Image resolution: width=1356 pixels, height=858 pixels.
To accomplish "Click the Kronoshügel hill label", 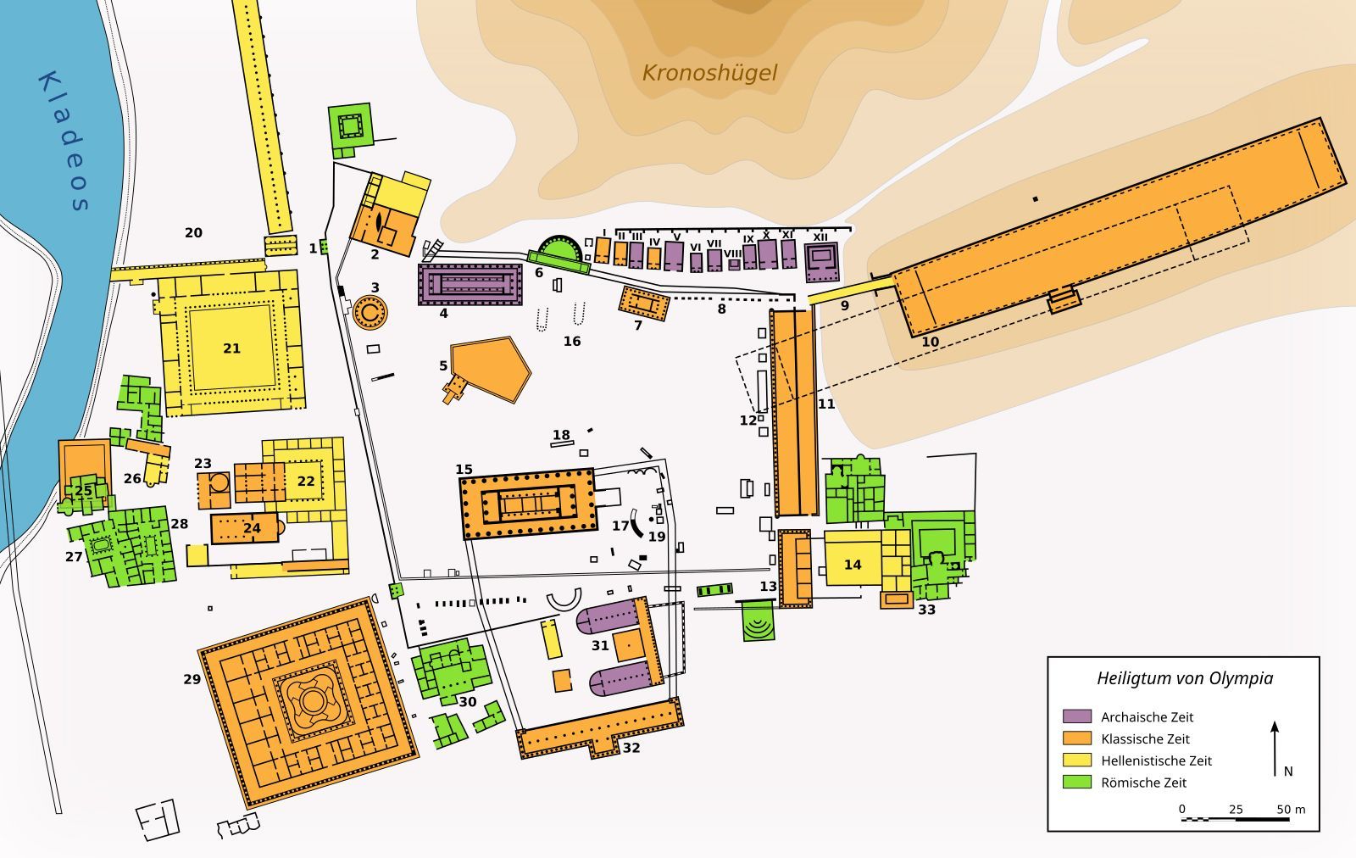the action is click(709, 73).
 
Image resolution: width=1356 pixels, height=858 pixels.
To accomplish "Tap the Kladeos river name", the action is click(64, 141).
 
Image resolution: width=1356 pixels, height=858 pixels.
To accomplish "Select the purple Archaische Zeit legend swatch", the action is click(1077, 716).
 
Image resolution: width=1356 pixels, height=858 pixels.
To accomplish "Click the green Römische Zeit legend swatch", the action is click(1077, 782).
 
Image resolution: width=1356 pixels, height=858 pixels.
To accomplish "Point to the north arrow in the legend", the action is click(1275, 749).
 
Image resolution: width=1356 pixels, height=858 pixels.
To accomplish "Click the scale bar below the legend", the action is click(1235, 819).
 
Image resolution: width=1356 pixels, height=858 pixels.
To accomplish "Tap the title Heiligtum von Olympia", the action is click(1185, 678).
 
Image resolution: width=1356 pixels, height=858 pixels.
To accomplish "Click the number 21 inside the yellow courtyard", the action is click(232, 348).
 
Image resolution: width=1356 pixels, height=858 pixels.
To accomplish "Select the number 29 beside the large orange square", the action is click(192, 679).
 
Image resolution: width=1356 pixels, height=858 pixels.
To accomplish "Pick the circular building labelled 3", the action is click(370, 313).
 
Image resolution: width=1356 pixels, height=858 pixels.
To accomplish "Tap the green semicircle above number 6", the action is click(559, 248).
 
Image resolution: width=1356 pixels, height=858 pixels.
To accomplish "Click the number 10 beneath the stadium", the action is click(930, 343).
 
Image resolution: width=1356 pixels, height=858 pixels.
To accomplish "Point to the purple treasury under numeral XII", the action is click(822, 262).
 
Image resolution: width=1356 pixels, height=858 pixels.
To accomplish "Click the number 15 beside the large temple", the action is click(464, 469).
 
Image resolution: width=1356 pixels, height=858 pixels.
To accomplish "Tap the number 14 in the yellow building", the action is click(853, 565).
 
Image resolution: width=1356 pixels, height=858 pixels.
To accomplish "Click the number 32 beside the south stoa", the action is click(631, 748).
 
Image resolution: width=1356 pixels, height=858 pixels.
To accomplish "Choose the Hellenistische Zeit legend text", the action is click(1156, 760).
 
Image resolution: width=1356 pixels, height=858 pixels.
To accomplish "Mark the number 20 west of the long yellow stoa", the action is click(193, 232).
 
